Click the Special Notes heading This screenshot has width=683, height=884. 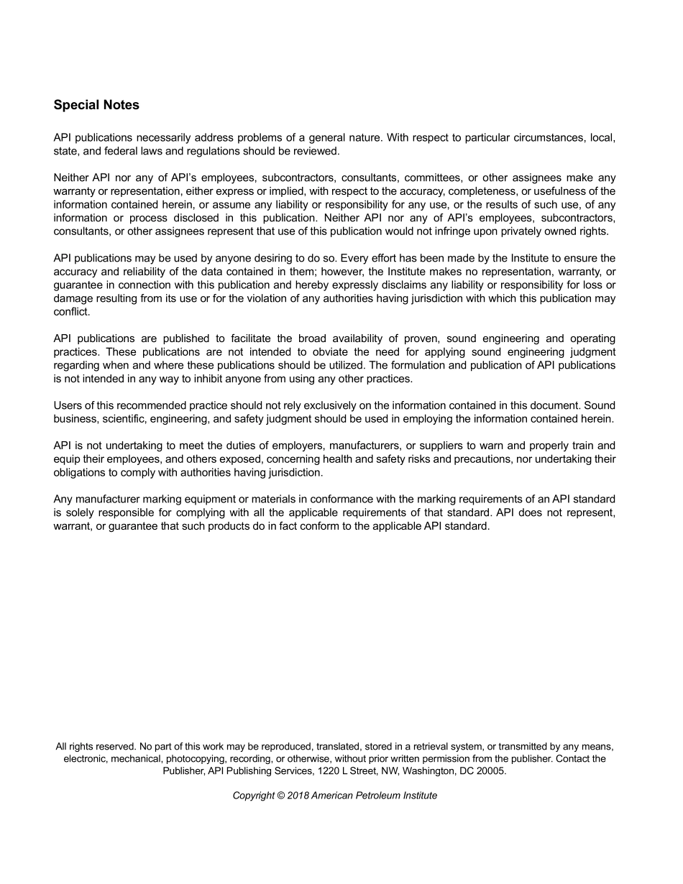96,105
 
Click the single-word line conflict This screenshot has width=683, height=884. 71,312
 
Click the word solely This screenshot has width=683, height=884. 80,512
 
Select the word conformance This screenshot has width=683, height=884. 342,499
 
